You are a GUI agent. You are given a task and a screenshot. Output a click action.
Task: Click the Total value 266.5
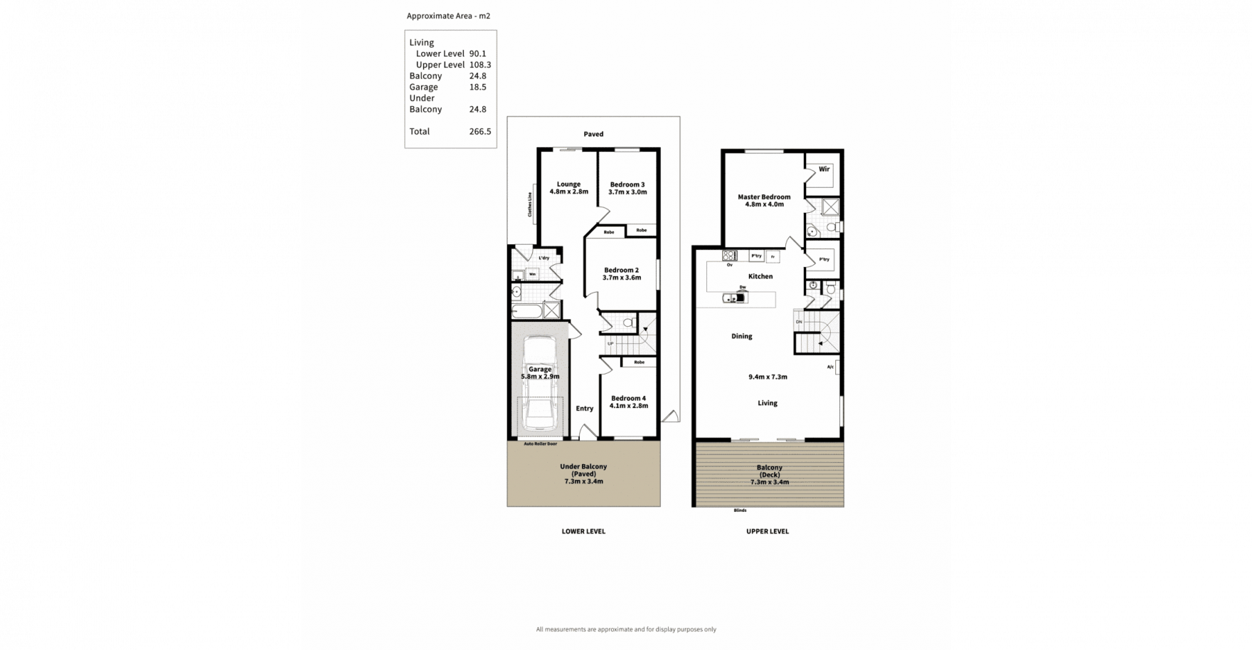pyautogui.click(x=480, y=131)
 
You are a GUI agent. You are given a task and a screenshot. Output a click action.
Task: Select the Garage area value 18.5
pyautogui.click(x=477, y=87)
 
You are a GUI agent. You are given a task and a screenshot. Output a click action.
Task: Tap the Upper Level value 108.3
pyautogui.click(x=480, y=65)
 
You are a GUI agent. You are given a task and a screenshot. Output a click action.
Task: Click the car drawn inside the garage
pyautogui.click(x=539, y=384)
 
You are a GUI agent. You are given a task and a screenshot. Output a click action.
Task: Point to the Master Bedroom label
pyautogui.click(x=764, y=197)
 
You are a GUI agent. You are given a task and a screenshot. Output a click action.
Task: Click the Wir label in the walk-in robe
pyautogui.click(x=824, y=169)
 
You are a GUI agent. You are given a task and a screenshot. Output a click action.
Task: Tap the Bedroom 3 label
pyautogui.click(x=627, y=184)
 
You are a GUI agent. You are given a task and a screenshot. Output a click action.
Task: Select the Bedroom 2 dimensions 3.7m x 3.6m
pyautogui.click(x=622, y=278)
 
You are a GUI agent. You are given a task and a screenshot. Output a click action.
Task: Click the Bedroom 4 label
pyautogui.click(x=628, y=398)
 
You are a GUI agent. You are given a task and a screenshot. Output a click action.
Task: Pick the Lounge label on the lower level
pyautogui.click(x=568, y=184)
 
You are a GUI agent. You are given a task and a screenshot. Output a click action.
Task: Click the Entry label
pyautogui.click(x=585, y=408)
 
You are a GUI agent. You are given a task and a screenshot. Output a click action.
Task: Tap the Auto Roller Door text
pyautogui.click(x=540, y=444)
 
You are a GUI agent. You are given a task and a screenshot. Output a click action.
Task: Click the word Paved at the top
pyautogui.click(x=593, y=134)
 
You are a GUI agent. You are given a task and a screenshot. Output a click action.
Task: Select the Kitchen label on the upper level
pyautogui.click(x=760, y=276)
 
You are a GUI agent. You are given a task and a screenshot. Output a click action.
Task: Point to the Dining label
pyautogui.click(x=741, y=336)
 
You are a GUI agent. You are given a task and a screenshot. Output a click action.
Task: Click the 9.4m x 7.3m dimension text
pyautogui.click(x=768, y=377)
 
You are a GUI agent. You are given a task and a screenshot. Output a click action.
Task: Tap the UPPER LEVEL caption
pyautogui.click(x=768, y=531)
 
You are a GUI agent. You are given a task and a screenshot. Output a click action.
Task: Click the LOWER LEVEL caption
pyautogui.click(x=583, y=531)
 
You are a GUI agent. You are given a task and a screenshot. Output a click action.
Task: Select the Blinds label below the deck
pyautogui.click(x=740, y=510)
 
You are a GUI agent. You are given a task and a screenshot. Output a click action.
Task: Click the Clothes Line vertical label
pyautogui.click(x=530, y=205)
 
